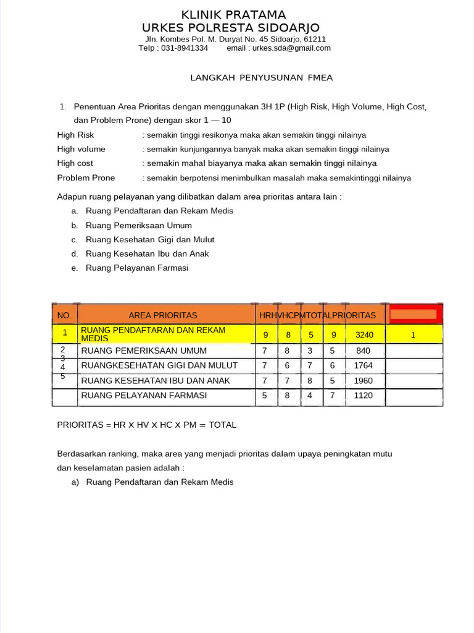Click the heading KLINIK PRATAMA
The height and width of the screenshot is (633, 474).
tap(233, 15)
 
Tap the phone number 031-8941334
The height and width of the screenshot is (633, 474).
tap(185, 48)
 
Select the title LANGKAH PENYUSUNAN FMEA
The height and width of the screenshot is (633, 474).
tap(260, 77)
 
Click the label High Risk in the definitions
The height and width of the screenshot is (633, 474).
tap(75, 135)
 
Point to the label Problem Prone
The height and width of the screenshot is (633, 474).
tap(86, 178)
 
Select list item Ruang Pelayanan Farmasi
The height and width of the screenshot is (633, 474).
tap(137, 268)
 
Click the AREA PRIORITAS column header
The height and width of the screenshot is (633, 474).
tap(163, 315)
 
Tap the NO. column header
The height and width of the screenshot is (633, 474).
tap(64, 315)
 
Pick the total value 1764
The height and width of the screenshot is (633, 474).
tap(364, 365)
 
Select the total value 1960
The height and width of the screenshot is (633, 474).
tap(364, 380)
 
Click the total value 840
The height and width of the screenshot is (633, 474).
tap(364, 350)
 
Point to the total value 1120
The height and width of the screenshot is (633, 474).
tap(364, 395)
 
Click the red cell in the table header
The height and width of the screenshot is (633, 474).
tap(414, 315)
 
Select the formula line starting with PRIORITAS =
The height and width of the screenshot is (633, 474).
tap(146, 425)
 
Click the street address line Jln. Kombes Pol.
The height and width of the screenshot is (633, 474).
tap(231, 39)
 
